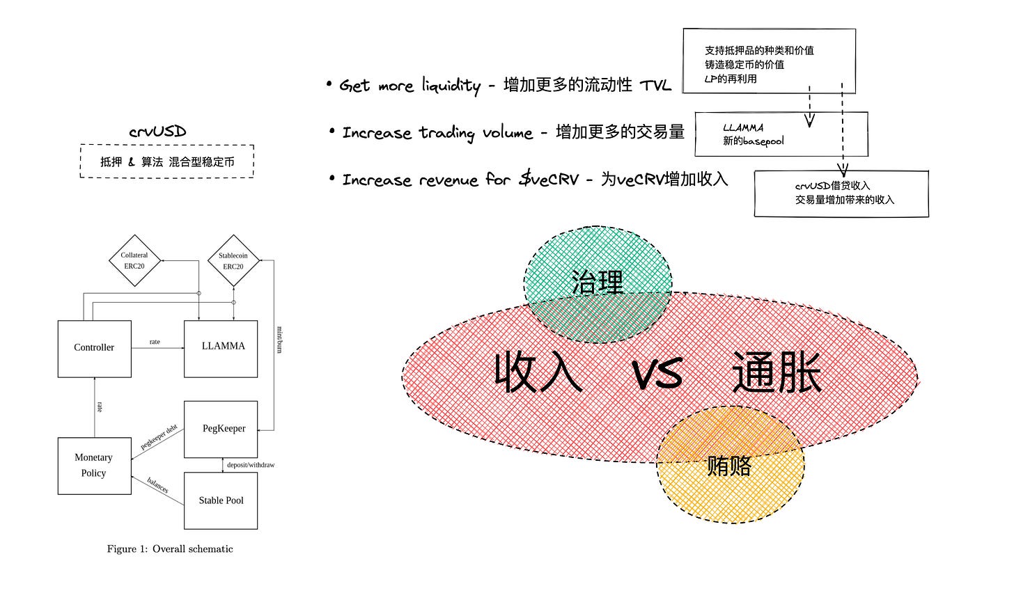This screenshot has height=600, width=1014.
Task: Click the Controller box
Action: coord(94,348)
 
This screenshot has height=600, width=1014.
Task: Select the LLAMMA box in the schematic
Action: coord(221,348)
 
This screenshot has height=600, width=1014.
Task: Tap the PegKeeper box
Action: coord(221,429)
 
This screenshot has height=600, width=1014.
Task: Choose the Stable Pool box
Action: coord(221,500)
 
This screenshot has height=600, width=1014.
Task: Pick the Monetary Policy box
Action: coord(94,466)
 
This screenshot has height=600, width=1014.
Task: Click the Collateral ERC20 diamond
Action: coord(134,261)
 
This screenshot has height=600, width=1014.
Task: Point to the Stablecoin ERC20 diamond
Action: coord(233,261)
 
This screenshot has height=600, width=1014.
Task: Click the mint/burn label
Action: coord(279,339)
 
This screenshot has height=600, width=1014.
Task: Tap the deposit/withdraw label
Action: coord(250,465)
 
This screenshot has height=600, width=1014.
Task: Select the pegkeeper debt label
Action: coord(159,437)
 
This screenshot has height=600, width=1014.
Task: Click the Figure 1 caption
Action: coord(170,549)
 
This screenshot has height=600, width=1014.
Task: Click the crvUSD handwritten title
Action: coord(157,132)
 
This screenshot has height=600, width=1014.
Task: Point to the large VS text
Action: coord(657,374)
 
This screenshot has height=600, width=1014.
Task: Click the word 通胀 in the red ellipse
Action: coord(777,372)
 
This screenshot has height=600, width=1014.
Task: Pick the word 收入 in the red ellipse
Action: coord(538,372)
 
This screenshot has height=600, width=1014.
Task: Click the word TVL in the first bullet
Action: coord(655,86)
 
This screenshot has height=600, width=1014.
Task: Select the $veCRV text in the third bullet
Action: coord(549,180)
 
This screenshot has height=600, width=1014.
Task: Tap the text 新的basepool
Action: coord(754,141)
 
